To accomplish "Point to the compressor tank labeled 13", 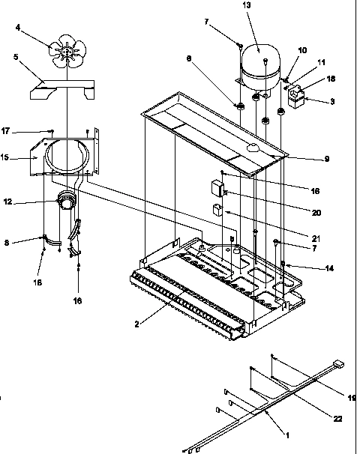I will pos(259,61).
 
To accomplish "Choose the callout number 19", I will pos(351,397).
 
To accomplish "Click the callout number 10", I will pos(302,50).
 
